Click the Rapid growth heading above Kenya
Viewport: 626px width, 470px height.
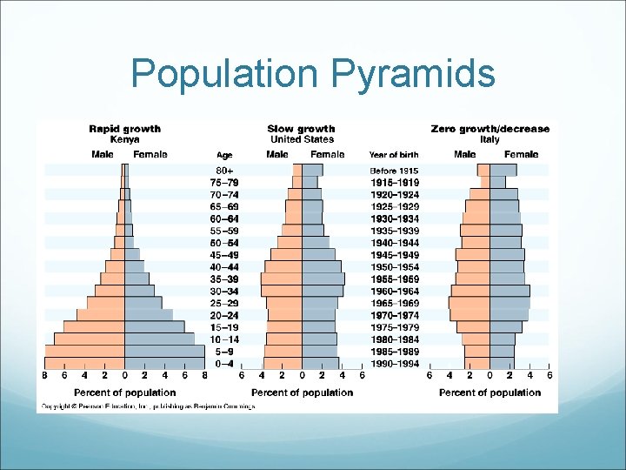tap(125, 129)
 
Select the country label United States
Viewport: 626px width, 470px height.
tap(302, 139)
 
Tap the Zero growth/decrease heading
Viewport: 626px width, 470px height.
tap(490, 129)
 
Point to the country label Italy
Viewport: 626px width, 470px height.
tap(490, 139)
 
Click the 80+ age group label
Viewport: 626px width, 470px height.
tap(225, 170)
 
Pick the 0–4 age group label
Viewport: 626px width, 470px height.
tap(225, 363)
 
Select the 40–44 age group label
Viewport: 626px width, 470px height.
tap(225, 266)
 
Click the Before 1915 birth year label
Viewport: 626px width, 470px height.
tap(394, 171)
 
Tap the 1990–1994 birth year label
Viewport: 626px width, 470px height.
tap(394, 363)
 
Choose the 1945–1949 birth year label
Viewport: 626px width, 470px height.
tap(394, 254)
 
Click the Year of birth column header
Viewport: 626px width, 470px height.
tap(394, 155)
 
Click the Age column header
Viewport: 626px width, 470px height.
tap(224, 155)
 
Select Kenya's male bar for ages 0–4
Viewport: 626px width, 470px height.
tap(85, 363)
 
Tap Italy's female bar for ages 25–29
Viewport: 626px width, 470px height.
tap(509, 303)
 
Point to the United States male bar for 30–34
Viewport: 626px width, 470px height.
tap(282, 291)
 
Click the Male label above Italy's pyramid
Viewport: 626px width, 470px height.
tap(464, 155)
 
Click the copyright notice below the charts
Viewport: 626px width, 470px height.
tap(146, 406)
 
